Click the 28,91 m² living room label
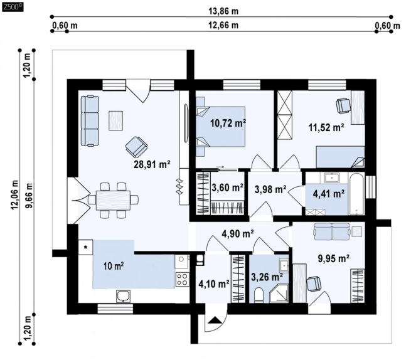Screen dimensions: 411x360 (152, 164)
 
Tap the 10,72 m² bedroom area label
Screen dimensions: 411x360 (228, 123)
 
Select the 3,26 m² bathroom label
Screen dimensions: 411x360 (267, 277)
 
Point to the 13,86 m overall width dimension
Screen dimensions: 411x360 (223, 11)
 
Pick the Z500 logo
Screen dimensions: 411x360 (13, 7)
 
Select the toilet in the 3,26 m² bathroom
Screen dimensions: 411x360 (259, 295)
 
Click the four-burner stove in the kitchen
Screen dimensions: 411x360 (182, 279)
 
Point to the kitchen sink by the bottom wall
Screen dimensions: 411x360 (124, 296)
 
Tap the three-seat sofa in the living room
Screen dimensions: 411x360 (90, 121)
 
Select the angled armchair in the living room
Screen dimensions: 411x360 (136, 146)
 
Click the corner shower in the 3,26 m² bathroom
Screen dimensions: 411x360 (279, 294)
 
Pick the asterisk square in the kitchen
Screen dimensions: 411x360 (85, 247)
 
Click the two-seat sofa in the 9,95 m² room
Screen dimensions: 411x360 (332, 231)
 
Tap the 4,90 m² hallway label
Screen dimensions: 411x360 (237, 233)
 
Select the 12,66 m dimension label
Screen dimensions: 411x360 (223, 25)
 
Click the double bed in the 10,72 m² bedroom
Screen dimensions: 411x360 (221, 126)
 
